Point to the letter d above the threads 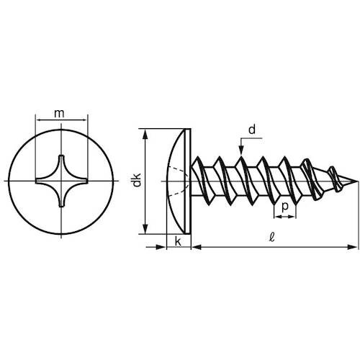pos(251,129)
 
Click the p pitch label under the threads pos(286,206)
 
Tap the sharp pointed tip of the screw pos(355,181)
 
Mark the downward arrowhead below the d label pos(240,149)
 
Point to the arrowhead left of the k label pos(162,248)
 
